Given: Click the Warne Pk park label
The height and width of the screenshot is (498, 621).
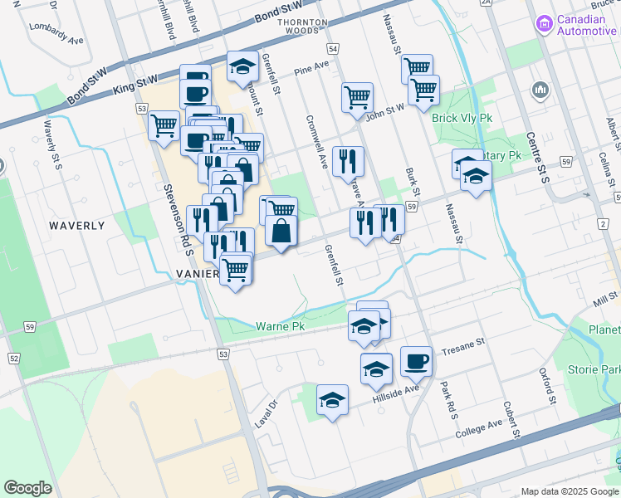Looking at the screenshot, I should pos(281,327).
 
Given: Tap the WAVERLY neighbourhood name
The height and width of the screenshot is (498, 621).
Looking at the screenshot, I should pos(76,226).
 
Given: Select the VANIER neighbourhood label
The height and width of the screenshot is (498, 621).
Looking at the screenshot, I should pos(198,273).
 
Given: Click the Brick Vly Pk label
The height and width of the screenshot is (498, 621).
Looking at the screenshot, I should pos(462,119).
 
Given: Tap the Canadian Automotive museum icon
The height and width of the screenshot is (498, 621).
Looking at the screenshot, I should pos(544,24).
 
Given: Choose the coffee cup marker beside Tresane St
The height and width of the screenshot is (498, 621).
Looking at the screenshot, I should pos(416,362).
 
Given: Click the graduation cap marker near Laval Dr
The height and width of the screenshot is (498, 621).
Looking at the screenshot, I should pos(332,402).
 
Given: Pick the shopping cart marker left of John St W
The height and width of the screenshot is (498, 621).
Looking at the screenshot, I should pos(357,96).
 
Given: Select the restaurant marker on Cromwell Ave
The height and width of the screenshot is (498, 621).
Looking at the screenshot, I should pos(348,160).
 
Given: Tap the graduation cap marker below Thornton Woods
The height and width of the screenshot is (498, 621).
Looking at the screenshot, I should pos(242,67).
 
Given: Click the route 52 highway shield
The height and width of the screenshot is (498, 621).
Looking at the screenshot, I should pos(14,359).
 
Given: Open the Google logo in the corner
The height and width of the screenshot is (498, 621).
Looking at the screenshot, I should pos(27,488).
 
